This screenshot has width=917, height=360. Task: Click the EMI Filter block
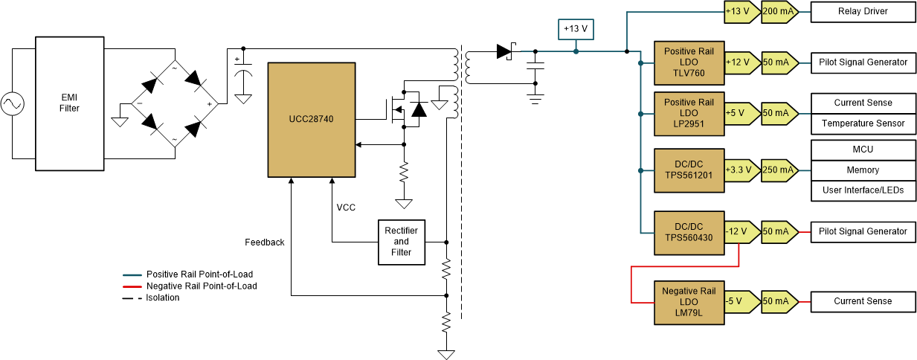[x=69, y=103]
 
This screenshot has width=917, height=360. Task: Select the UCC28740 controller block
[x=312, y=119]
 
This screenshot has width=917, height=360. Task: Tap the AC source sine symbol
[x=13, y=103]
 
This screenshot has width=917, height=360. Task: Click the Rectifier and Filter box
[x=401, y=242]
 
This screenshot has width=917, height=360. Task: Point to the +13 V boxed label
[x=576, y=28]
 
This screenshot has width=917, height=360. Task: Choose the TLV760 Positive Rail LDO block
[x=689, y=62]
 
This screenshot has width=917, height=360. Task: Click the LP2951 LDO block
[x=689, y=113]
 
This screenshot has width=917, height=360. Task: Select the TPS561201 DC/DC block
[x=689, y=170]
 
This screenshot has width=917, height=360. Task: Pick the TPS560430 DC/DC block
[x=689, y=232]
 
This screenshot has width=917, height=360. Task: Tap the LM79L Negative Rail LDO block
[x=689, y=302]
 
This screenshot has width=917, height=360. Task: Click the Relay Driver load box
[x=863, y=11]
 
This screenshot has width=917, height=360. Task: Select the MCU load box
[x=863, y=150]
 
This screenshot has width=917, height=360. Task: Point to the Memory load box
[x=863, y=170]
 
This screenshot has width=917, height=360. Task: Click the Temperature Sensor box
[x=863, y=123]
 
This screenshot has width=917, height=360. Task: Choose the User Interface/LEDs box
[x=863, y=191]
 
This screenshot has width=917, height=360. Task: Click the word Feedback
[x=265, y=242]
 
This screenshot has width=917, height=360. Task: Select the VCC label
[x=346, y=208]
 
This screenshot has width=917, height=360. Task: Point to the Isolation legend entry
[x=163, y=298]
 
